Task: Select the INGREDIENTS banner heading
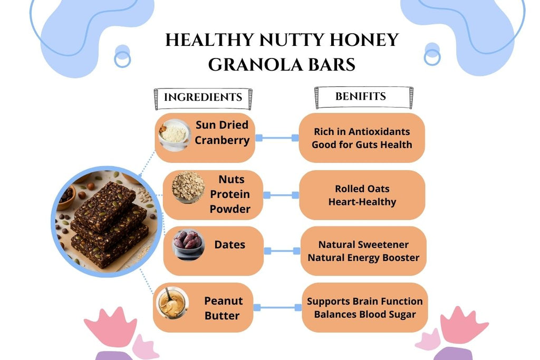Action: (203, 98)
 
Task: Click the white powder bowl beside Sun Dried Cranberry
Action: (173, 134)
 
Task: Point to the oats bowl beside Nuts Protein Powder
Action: (188, 187)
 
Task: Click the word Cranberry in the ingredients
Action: (222, 140)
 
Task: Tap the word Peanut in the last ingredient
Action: (224, 301)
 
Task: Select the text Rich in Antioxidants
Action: (362, 132)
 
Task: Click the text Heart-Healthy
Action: (362, 201)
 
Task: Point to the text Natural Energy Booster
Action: (363, 258)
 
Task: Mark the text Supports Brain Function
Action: (364, 301)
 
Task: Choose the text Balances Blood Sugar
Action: (364, 315)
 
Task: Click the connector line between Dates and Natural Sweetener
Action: (282, 251)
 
